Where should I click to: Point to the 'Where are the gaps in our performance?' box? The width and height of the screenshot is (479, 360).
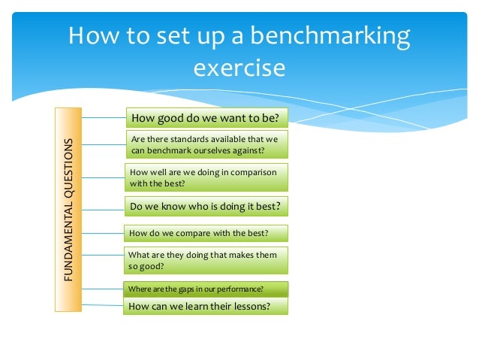[x=204, y=289]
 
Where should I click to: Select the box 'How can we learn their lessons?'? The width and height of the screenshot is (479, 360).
[x=206, y=306]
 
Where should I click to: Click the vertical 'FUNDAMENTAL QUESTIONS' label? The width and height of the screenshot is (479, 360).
[x=68, y=210]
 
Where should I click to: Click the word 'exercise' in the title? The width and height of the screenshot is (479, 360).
[x=239, y=68]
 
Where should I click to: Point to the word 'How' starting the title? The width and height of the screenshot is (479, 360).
[x=92, y=37]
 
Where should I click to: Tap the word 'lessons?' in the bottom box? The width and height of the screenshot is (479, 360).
[x=252, y=306]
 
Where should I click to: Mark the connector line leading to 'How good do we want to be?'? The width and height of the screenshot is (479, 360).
[x=104, y=117]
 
